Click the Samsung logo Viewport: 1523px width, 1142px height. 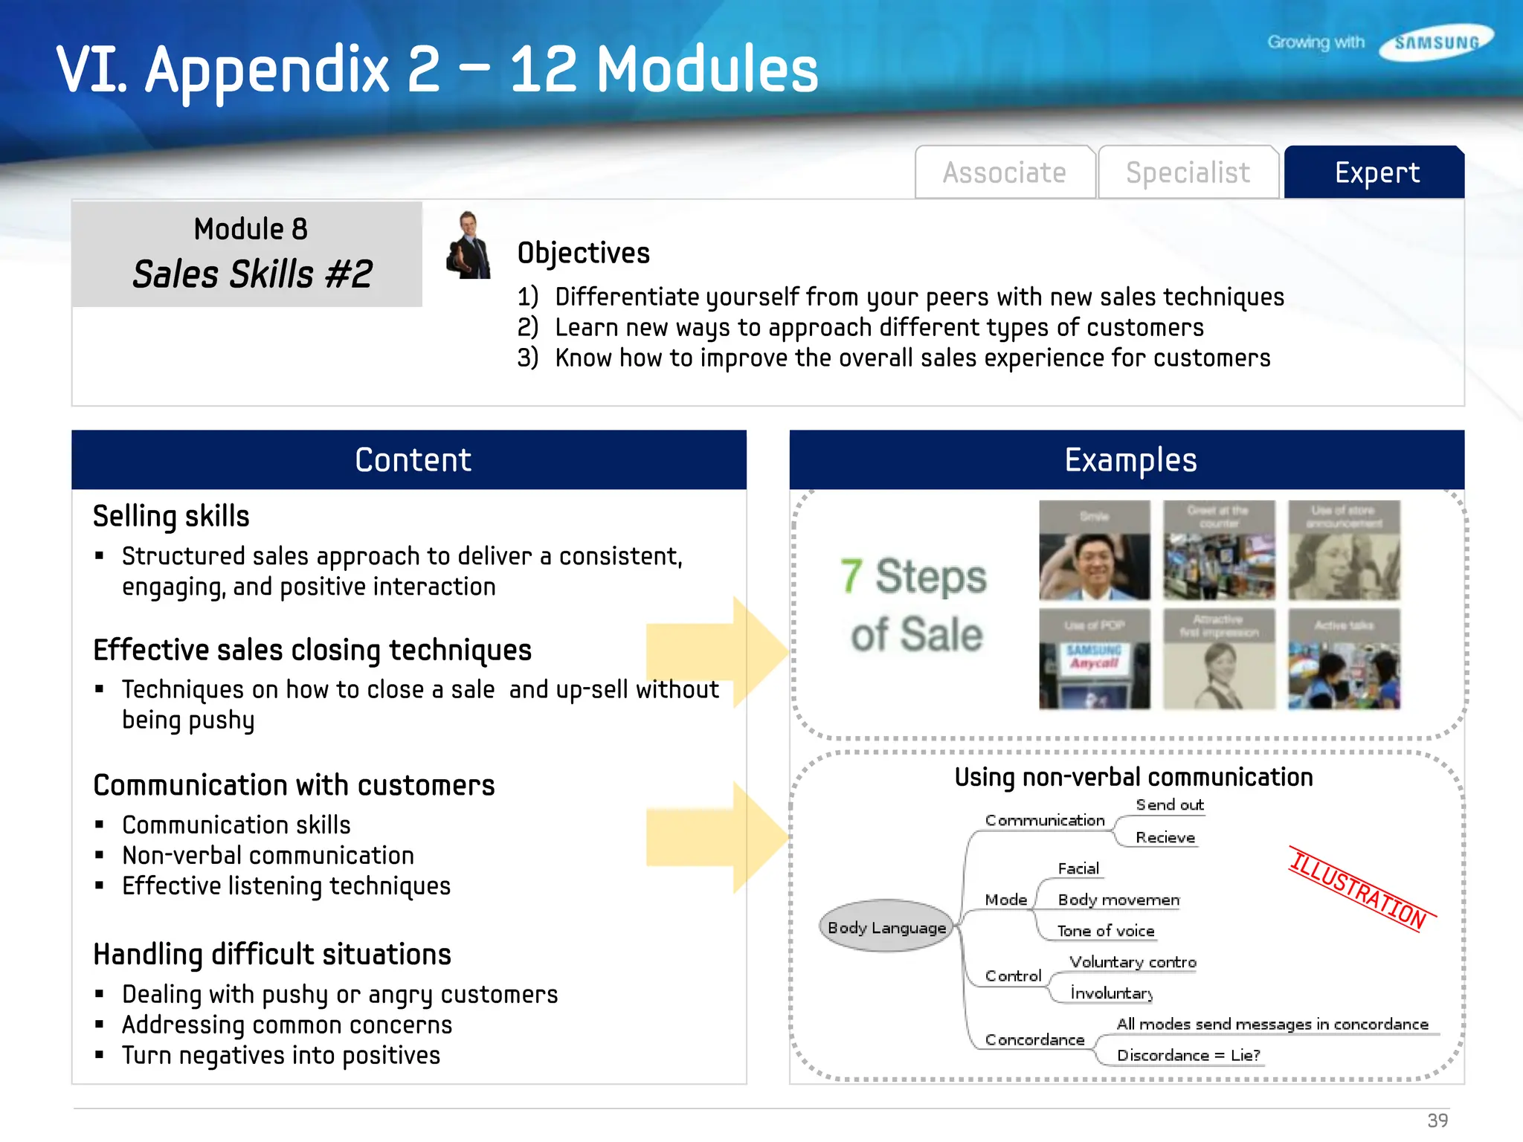pyautogui.click(x=1436, y=42)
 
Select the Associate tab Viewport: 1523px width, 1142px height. pyautogui.click(x=1004, y=172)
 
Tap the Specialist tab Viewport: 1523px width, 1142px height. pyautogui.click(x=1188, y=172)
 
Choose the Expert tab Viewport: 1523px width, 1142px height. pyautogui.click(x=1376, y=172)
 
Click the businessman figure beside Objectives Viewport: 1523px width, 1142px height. pyautogui.click(x=469, y=246)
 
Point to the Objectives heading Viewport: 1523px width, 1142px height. pyautogui.click(x=583, y=253)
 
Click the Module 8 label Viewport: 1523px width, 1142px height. pyautogui.click(x=251, y=229)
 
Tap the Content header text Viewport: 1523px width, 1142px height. pyautogui.click(x=413, y=460)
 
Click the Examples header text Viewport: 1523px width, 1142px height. pyautogui.click(x=1130, y=460)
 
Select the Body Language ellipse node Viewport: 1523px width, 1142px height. pyautogui.click(x=886, y=926)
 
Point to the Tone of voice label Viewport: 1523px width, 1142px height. pyautogui.click(x=1106, y=931)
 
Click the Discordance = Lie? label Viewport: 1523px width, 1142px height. pyautogui.click(x=1188, y=1055)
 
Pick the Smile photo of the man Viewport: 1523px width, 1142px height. pyautogui.click(x=1094, y=551)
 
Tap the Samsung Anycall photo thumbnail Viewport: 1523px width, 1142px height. pyautogui.click(x=1094, y=659)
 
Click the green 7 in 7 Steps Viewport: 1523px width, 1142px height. pyautogui.click(x=851, y=576)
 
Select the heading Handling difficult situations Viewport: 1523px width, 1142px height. pyautogui.click(x=272, y=955)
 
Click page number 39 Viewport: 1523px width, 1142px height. pyautogui.click(x=1437, y=1120)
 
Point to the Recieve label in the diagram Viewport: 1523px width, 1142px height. pyautogui.click(x=1165, y=838)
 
